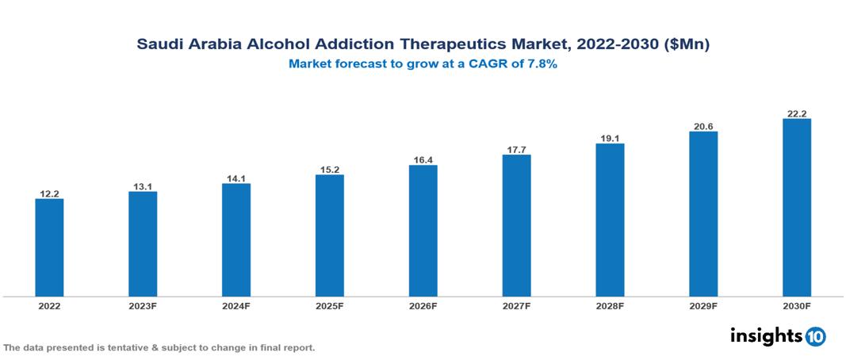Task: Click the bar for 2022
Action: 49,247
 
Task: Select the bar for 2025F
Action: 330,236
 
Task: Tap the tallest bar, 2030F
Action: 796,208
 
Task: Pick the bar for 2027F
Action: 516,225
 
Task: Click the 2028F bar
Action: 610,220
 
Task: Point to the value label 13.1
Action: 143,186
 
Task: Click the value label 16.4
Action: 423,160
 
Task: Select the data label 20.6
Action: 703,126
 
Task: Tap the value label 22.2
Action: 796,113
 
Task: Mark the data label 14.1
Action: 236,178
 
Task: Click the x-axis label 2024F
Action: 236,305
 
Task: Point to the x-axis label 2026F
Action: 423,305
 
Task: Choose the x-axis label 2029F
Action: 703,305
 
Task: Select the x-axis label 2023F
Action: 143,305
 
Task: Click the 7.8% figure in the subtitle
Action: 541,64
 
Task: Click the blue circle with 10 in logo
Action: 816,337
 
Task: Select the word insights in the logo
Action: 766,336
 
